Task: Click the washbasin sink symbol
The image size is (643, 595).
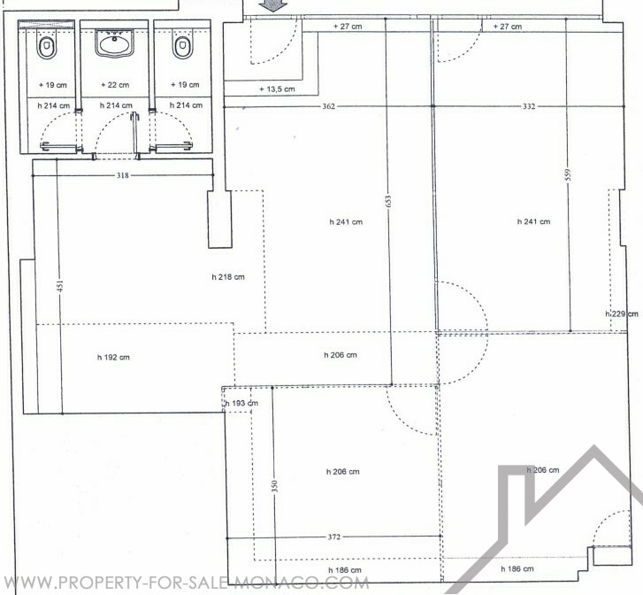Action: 114,42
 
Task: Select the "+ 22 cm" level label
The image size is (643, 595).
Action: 115,85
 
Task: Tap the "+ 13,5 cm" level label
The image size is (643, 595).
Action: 277,89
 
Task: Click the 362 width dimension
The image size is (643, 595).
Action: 328,106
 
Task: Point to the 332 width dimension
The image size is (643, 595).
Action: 529,106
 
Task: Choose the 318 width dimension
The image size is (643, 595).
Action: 123,175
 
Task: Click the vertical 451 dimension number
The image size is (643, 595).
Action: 60,286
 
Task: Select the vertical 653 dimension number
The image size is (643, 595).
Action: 388,201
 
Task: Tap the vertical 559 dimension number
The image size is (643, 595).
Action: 568,175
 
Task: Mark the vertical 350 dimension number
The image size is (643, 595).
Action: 275,486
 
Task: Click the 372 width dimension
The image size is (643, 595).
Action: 333,537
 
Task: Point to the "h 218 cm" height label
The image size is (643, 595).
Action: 228,277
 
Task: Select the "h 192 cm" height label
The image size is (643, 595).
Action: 113,358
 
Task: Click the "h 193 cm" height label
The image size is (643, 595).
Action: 241,403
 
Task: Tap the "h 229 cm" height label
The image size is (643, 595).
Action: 622,314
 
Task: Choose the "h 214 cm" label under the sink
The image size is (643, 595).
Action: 116,105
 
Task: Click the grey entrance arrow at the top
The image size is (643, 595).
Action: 273,5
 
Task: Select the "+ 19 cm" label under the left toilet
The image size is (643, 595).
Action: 52,85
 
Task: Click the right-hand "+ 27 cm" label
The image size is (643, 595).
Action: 508,27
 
